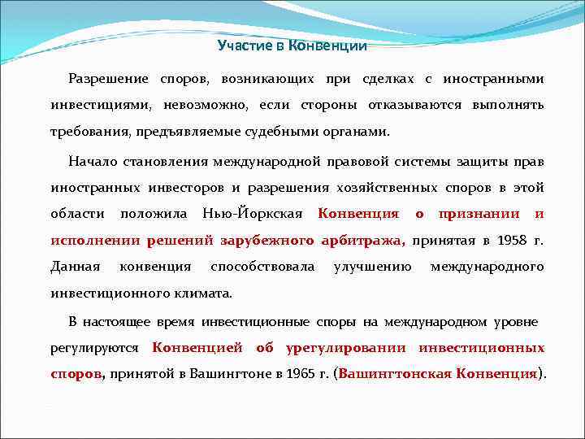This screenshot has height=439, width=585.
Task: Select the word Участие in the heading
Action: (x=245, y=46)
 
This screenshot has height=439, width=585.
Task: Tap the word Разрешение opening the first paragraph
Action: (x=108, y=79)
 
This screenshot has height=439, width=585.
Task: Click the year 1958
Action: (x=505, y=241)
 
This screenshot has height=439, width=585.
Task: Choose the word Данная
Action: (x=75, y=267)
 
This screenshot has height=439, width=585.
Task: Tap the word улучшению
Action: (x=372, y=267)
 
